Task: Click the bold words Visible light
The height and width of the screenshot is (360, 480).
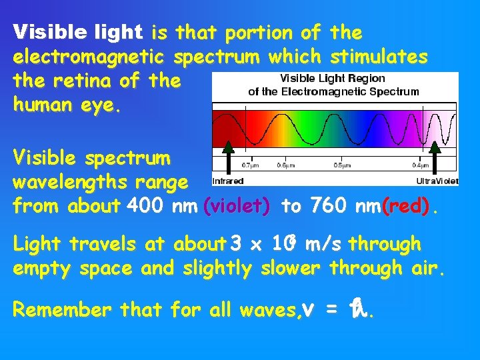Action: [x=78, y=32]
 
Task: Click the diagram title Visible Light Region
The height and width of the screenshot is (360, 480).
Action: [x=333, y=79]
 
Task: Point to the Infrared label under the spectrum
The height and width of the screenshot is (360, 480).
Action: [x=228, y=181]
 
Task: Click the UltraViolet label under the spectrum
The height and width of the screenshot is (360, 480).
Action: [x=437, y=181]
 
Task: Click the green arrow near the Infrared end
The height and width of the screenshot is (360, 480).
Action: [x=228, y=157]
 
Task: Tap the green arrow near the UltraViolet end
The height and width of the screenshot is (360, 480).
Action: [x=436, y=157]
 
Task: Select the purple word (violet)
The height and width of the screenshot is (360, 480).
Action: [x=237, y=207]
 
